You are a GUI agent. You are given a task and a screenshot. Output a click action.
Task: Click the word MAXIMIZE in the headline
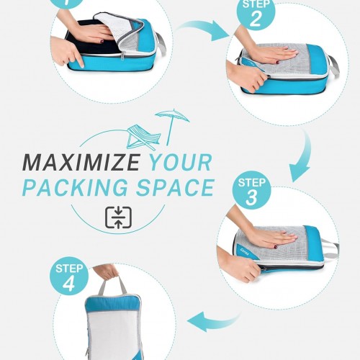81,163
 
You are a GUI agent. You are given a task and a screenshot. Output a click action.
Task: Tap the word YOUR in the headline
181,163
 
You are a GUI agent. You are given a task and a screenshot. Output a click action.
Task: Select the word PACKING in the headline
75,187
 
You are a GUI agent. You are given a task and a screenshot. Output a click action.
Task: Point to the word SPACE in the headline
175,187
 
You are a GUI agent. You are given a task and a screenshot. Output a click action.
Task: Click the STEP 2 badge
256,12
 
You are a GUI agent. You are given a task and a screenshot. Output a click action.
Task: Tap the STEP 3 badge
251,190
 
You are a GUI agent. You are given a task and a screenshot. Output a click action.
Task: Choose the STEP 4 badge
69,276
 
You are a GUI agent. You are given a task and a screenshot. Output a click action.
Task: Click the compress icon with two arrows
118,217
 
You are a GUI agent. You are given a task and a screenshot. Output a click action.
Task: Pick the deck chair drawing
143,138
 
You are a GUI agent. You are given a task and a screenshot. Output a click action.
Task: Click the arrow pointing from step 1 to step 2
203,30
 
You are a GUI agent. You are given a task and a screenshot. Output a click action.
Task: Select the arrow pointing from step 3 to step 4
214,321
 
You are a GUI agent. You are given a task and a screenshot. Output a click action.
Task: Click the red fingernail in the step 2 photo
277,62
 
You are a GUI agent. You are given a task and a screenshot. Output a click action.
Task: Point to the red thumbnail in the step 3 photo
276,246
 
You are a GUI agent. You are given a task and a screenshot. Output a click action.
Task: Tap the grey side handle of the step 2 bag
333,68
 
